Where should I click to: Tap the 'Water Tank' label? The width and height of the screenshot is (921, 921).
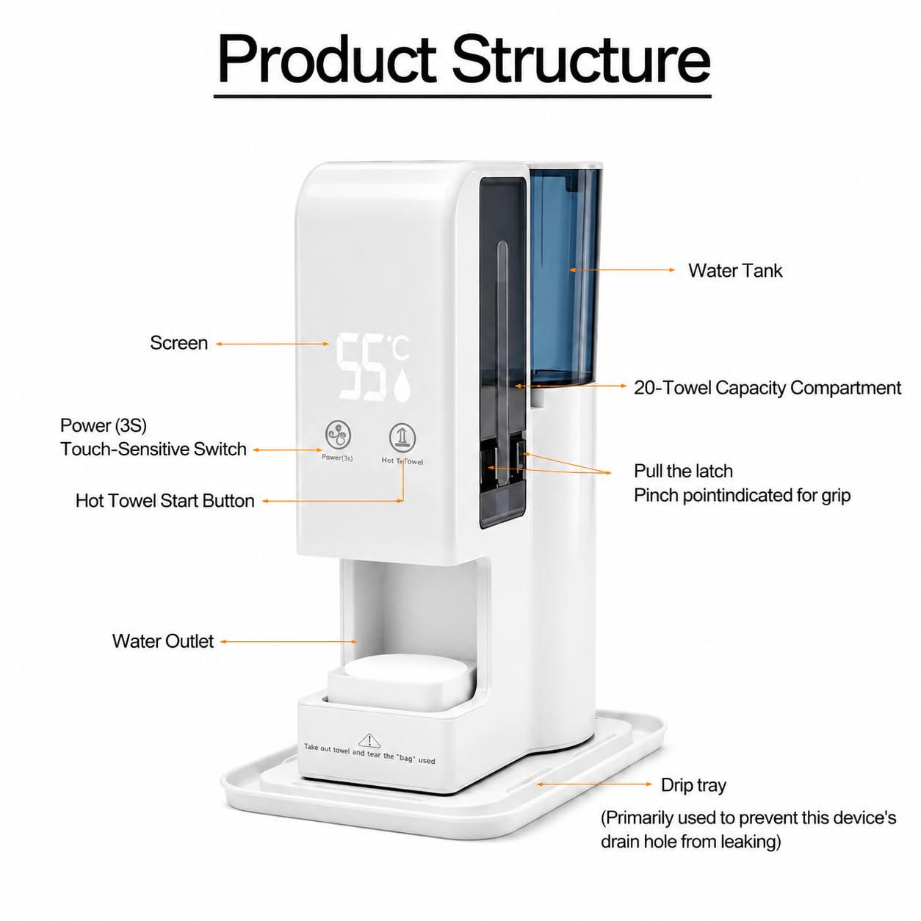click(x=734, y=270)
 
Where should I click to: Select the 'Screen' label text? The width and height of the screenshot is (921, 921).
click(x=178, y=343)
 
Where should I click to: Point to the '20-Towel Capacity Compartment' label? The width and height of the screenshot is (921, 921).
click(x=767, y=388)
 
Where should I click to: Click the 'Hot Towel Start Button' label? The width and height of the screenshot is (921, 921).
click(x=165, y=501)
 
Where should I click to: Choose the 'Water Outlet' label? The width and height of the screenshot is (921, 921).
click(x=162, y=641)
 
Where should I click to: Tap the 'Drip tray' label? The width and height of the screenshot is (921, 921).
click(x=693, y=785)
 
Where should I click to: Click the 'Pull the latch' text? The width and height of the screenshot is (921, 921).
click(x=683, y=471)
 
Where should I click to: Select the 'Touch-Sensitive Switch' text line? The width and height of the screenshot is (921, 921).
click(x=153, y=449)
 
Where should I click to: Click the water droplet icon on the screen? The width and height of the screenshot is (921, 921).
click(x=402, y=384)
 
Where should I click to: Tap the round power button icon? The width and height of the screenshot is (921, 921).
click(x=339, y=435)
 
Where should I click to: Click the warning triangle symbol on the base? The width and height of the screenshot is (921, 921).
click(x=369, y=740)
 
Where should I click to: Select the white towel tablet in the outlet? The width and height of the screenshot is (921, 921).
click(x=402, y=681)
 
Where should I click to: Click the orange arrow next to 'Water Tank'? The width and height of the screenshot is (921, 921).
click(x=622, y=270)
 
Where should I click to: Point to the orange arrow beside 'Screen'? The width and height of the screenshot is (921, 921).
click(x=272, y=344)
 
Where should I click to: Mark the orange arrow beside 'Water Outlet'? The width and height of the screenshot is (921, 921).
click(x=289, y=641)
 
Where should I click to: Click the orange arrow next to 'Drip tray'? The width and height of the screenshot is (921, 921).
click(x=594, y=784)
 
